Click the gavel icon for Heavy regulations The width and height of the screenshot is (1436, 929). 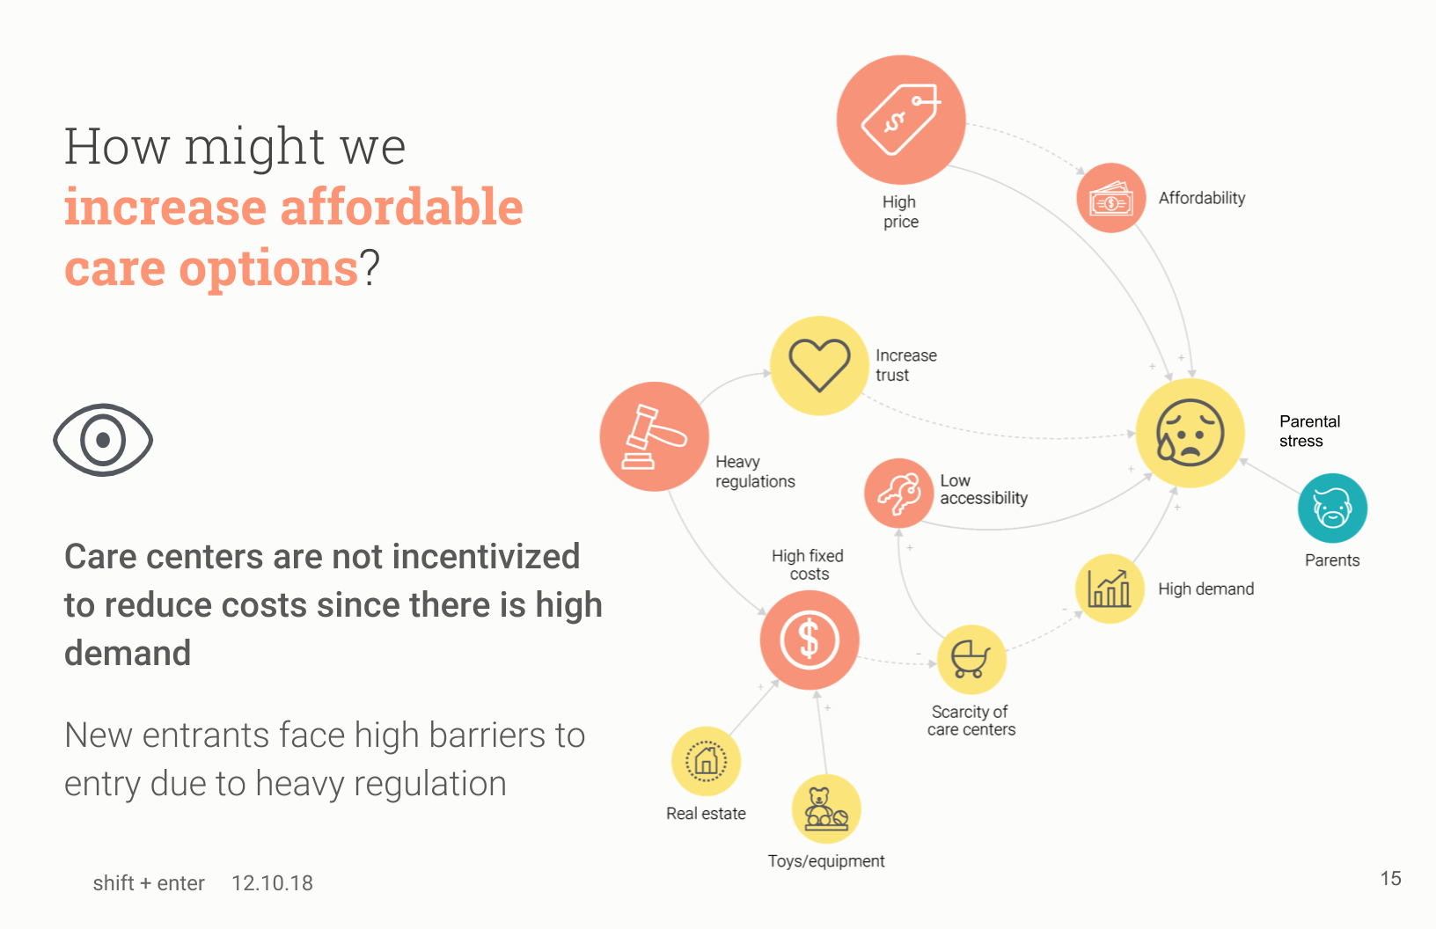[x=655, y=436]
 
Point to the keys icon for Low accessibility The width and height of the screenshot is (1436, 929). [x=898, y=493]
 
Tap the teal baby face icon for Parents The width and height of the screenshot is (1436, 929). [x=1333, y=508]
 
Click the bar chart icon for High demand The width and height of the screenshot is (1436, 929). [x=1110, y=589]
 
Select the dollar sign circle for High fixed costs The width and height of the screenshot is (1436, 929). [x=810, y=640]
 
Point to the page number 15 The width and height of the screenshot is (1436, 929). [x=1390, y=878]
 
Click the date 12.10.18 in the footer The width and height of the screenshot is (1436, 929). [x=272, y=883]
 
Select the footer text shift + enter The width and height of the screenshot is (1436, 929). [x=149, y=883]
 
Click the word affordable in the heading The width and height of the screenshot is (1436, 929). [x=401, y=207]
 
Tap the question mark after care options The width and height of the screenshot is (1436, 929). [x=370, y=267]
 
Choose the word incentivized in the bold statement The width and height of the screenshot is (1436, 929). [x=486, y=556]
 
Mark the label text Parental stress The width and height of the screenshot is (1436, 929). [x=1309, y=431]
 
